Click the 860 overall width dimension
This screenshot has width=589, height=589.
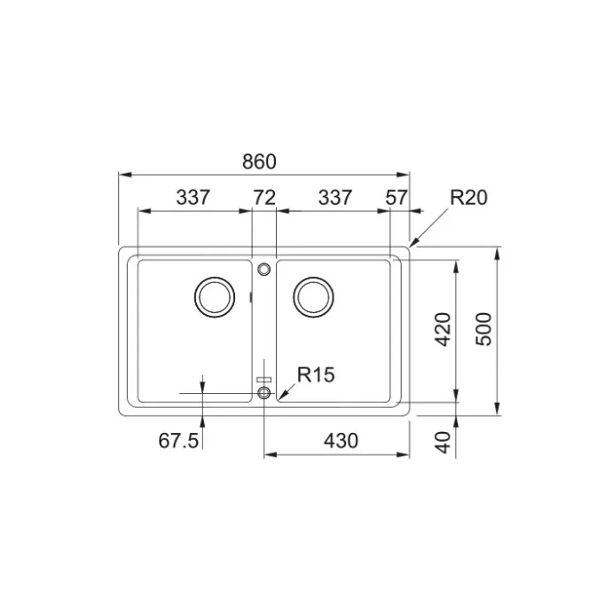(x=259, y=162)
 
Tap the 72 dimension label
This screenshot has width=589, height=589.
(x=264, y=198)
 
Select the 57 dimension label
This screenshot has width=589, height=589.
(x=397, y=198)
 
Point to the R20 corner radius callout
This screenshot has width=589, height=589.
(x=468, y=198)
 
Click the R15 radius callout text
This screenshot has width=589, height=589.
(x=316, y=375)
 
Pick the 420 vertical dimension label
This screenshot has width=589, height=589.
(x=443, y=329)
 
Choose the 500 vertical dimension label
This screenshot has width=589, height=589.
(x=483, y=329)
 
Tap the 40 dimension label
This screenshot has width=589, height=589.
(x=443, y=443)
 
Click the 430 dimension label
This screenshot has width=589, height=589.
(x=342, y=441)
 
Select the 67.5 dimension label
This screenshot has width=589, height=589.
(x=178, y=441)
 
